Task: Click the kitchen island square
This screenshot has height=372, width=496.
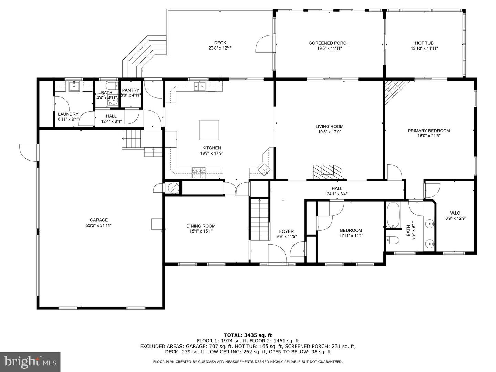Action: pos(209,130)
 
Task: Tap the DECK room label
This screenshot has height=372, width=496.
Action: pos(220,43)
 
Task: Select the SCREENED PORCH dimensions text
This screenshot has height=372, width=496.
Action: pos(329,48)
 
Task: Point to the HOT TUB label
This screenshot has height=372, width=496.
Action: pos(424,43)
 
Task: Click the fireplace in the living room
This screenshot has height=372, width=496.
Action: pos(328,172)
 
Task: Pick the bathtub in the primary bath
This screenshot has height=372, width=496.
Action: pos(393,215)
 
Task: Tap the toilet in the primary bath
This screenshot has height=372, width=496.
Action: pos(392,240)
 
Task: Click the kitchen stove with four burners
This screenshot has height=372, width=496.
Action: pos(199,173)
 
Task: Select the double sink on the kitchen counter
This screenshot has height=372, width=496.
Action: pos(200,86)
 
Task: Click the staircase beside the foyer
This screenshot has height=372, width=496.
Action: pos(259,219)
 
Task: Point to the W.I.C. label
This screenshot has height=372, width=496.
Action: pos(456,213)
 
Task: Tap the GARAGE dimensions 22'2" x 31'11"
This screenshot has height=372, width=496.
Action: pos(99,225)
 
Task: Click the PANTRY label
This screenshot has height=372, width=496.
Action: pos(131,90)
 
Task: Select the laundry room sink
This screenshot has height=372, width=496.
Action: pos(74,86)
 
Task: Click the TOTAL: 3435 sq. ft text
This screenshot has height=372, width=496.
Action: pos(248,335)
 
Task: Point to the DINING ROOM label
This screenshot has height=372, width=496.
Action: pos(201,226)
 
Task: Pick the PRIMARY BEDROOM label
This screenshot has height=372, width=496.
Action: pos(429,131)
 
